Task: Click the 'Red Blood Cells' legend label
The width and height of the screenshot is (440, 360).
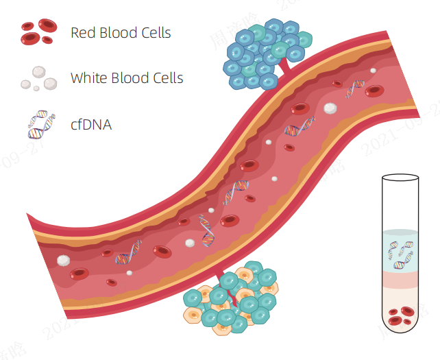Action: [121, 32]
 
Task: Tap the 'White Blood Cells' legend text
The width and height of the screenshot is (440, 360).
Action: [127, 77]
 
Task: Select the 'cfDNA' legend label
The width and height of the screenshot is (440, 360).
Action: [91, 124]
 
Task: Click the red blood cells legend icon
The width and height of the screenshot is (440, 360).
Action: [38, 31]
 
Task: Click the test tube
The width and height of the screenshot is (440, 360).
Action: [400, 254]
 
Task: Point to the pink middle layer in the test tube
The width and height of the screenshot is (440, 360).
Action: [400, 280]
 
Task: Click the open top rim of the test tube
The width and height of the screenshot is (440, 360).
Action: [400, 176]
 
